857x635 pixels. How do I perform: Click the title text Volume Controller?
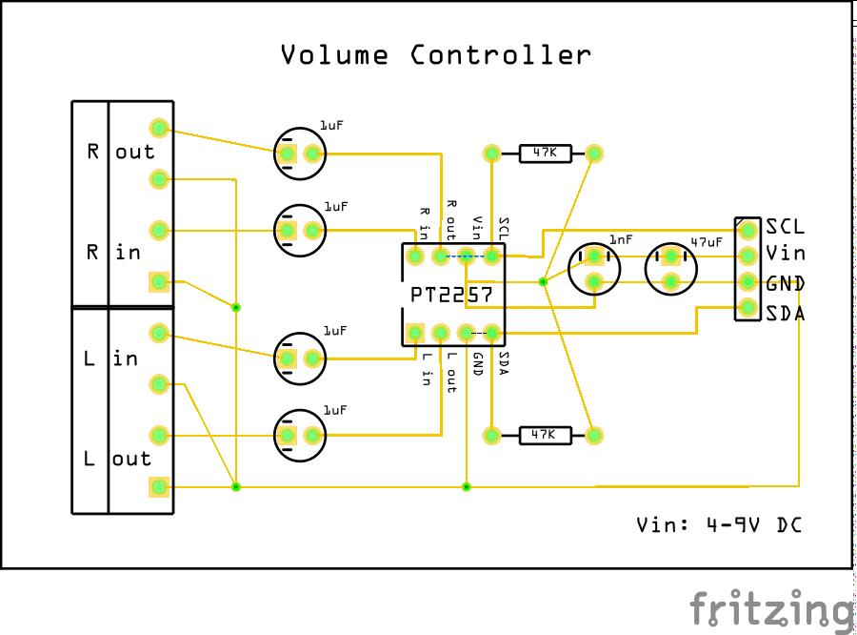point(435,55)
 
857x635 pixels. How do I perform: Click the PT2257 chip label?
point(452,296)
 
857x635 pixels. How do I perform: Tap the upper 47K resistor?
point(544,153)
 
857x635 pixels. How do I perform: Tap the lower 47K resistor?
point(544,436)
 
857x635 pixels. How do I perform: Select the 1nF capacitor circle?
point(593,268)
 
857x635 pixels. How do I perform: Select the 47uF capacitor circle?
point(671,268)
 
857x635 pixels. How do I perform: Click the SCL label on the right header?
point(785,227)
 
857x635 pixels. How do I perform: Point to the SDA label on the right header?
point(785,312)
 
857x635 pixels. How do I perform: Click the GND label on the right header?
point(785,283)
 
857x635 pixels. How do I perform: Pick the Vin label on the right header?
point(785,254)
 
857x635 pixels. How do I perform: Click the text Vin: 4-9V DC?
point(718,524)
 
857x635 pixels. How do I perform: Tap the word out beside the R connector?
point(134,152)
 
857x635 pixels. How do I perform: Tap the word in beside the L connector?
point(126,359)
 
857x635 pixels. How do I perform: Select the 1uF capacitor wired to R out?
point(299,153)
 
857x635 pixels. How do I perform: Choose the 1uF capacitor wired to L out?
point(299,436)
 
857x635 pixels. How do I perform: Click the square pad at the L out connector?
point(159,487)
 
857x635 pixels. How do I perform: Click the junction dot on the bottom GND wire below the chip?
point(467,487)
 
